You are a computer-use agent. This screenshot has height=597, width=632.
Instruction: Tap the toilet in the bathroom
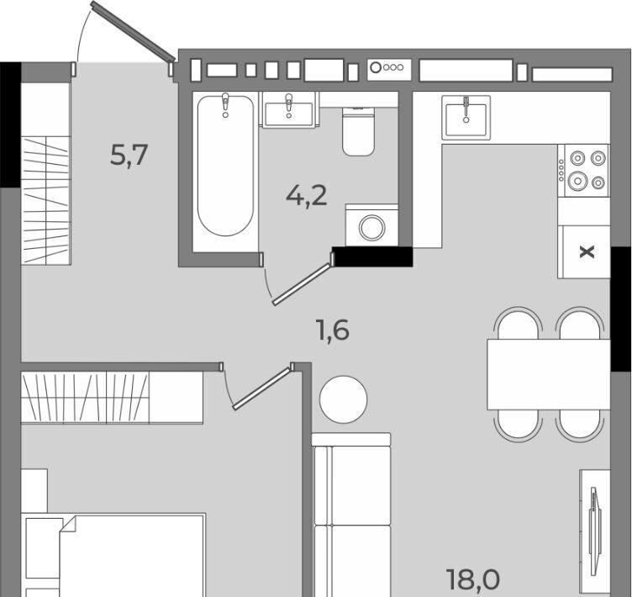pos(358,131)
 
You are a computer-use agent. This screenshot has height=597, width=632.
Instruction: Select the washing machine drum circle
pos(372,228)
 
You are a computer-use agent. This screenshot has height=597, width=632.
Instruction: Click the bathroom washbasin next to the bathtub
pos(288,110)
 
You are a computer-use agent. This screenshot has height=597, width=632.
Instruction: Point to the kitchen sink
pos(466,118)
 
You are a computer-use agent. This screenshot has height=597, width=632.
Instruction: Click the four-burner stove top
pos(583,170)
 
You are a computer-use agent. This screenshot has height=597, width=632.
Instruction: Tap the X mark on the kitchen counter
pos(587,252)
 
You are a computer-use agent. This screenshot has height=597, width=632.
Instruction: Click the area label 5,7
pos(129,156)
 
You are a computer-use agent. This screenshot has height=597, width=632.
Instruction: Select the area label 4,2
pos(306,197)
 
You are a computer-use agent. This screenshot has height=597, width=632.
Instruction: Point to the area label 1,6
pos(333,330)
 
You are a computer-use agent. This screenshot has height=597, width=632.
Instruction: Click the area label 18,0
pos(473,579)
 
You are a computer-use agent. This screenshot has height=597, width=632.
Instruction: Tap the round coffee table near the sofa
pos(344,399)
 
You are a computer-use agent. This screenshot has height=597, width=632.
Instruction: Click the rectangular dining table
pos(548,374)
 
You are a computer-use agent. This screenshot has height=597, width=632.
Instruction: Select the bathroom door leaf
pos(303,284)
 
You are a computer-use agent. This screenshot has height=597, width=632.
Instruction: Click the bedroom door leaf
pos(262,388)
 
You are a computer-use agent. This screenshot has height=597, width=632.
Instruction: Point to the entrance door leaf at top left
pos(133,31)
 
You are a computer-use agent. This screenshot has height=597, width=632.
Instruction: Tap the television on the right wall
pos(594,526)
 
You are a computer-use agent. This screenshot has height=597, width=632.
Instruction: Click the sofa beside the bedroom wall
pos(351,515)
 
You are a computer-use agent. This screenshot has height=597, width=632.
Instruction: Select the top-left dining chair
pos(519,324)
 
